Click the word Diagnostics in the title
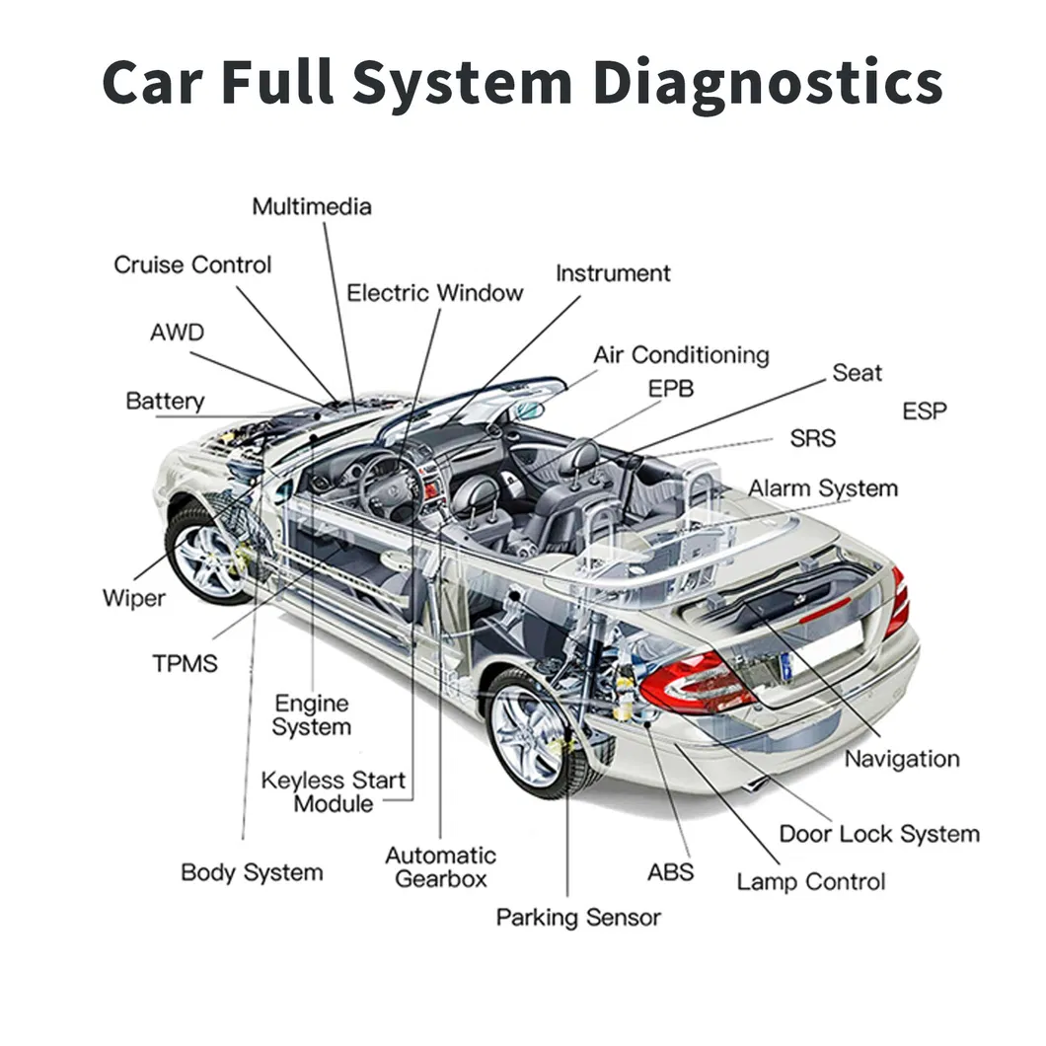(768, 83)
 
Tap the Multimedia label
(312, 206)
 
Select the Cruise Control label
(192, 264)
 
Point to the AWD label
(177, 332)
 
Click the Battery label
(165, 401)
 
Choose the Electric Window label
(434, 293)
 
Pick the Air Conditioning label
(680, 354)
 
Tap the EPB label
(670, 389)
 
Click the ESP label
(924, 411)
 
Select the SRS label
(812, 438)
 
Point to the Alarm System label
(822, 488)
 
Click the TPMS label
(185, 663)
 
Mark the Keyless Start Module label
(333, 791)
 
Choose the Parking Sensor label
(578, 917)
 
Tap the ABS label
(670, 871)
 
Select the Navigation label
(901, 759)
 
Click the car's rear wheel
(532, 731)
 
